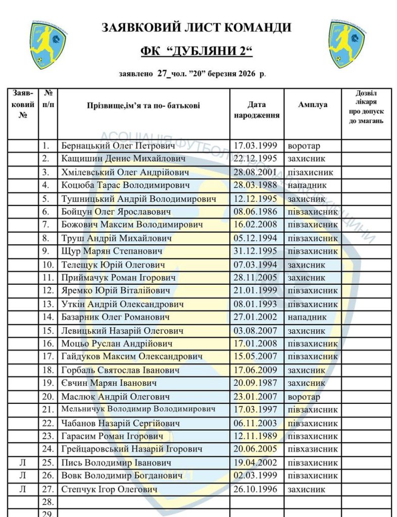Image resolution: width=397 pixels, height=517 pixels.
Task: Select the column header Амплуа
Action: [313, 105]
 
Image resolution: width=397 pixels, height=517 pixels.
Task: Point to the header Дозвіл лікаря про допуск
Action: [366, 107]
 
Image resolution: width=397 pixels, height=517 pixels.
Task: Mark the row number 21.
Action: [48, 409]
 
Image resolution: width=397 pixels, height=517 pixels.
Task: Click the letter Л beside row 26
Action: [23, 476]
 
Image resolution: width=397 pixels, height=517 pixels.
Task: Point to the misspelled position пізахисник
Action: [310, 172]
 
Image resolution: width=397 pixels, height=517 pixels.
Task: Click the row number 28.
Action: [48, 502]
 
